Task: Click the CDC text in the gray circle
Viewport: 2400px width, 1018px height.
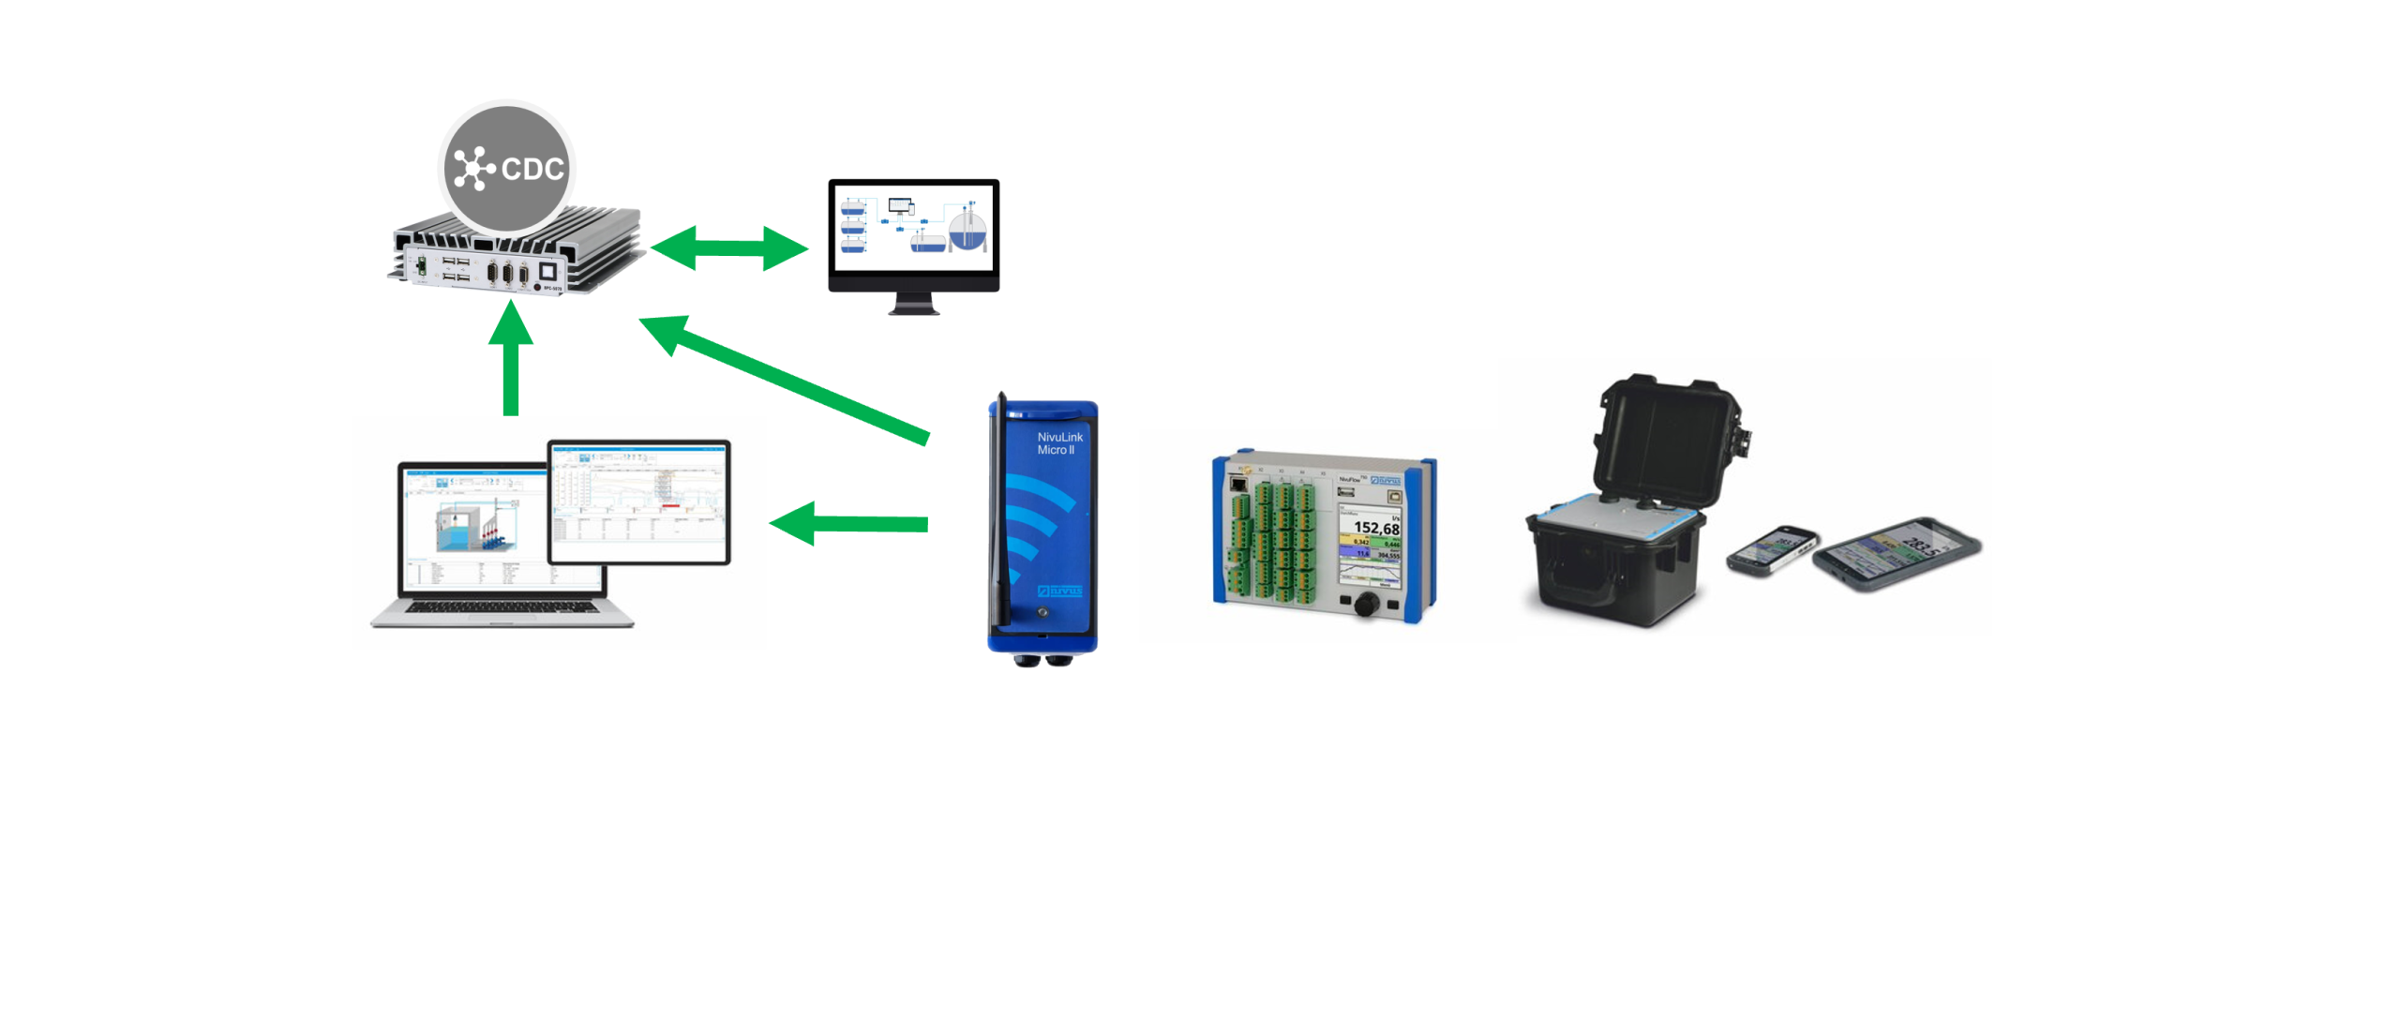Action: [x=532, y=169]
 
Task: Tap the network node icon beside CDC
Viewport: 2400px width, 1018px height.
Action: [x=473, y=169]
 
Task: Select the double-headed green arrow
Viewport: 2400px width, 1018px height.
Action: [x=728, y=248]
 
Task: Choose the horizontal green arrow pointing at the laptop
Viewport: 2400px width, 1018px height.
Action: [x=849, y=523]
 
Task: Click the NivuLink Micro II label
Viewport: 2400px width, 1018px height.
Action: [x=1058, y=443]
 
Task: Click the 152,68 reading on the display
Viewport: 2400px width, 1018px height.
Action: [x=1375, y=528]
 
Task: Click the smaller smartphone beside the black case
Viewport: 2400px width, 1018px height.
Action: [x=1771, y=550]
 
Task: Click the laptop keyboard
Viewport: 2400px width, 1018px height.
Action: [x=502, y=607]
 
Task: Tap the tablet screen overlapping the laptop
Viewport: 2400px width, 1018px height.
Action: [x=638, y=502]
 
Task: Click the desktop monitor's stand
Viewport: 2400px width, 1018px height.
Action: [x=913, y=303]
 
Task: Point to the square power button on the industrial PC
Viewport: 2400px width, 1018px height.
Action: [x=547, y=273]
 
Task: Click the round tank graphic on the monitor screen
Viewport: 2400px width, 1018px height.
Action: [x=967, y=230]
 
